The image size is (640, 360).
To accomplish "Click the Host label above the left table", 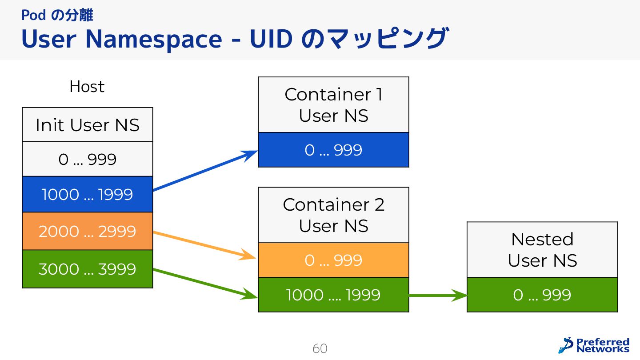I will click(87, 87).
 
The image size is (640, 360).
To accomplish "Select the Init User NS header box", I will click(88, 125).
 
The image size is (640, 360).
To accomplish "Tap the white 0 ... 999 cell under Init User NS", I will click(88, 159).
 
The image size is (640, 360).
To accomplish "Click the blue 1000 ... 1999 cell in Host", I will click(88, 195).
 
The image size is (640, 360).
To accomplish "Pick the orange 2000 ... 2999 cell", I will click(88, 232).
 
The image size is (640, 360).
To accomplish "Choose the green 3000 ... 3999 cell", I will click(88, 269).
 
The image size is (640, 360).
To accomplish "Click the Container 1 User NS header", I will click(333, 105).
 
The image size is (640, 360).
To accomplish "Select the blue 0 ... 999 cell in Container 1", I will click(333, 150).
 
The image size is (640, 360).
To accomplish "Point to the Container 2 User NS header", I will click(333, 215).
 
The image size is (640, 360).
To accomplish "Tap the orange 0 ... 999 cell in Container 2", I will click(333, 260).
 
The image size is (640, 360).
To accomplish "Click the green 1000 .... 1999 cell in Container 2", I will click(333, 295).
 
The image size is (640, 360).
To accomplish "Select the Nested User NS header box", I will click(542, 250).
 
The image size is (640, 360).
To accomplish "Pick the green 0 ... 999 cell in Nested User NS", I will click(542, 295).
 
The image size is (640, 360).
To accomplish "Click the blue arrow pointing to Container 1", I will click(204, 171).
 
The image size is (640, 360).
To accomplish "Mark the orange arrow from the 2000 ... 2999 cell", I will click(204, 245).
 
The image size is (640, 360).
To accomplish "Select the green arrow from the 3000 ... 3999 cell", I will click(204, 283).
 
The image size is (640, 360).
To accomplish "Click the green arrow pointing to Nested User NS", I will click(438, 295).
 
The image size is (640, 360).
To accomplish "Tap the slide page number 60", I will click(320, 348).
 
